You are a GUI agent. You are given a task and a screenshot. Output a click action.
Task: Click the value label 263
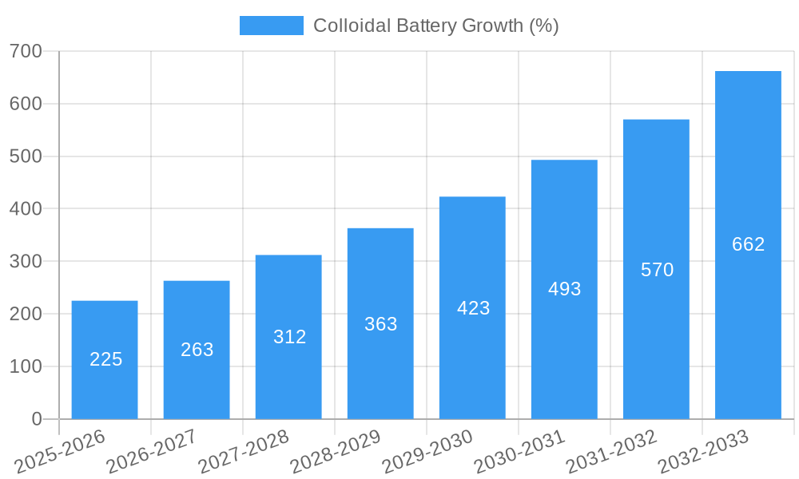[197, 350]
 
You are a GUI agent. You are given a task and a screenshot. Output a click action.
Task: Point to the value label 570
[657, 270]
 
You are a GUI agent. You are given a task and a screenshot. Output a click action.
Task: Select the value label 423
[473, 308]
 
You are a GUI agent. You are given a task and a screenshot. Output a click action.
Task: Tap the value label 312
[289, 337]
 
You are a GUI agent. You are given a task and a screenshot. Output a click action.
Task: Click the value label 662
[748, 244]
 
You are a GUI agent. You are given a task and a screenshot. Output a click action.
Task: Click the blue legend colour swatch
[272, 26]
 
